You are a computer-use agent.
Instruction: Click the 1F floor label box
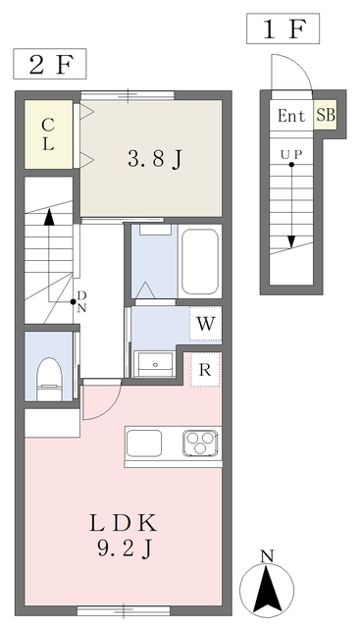281,29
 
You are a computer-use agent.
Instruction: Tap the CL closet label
47,133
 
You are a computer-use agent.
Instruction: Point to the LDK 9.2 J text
125,535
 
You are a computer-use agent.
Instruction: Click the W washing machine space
205,323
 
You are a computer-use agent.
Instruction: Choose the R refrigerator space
205,370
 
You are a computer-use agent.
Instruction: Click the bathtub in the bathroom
201,263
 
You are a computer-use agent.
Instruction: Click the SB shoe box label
325,115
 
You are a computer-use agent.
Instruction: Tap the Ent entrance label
291,116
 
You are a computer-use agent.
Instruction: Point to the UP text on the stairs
291,155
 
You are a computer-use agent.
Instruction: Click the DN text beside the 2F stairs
82,300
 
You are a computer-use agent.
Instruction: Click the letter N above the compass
266,556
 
